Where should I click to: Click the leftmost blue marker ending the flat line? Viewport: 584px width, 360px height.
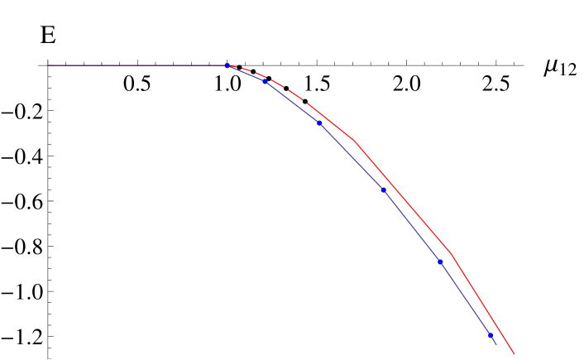(x=227, y=65)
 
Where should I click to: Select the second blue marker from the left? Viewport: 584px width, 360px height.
(x=266, y=81)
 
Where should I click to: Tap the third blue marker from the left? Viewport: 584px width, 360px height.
(x=320, y=123)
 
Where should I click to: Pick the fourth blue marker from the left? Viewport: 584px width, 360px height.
(x=384, y=190)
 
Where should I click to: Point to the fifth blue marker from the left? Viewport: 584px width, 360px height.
(x=441, y=262)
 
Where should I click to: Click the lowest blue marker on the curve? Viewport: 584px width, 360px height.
(x=491, y=335)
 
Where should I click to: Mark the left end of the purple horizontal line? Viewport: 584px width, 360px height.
(x=49, y=65)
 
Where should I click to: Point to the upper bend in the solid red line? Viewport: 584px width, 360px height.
(x=356, y=142)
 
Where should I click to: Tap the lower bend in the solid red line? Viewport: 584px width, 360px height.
(x=452, y=253)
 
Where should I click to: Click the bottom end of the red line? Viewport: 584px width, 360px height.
(x=515, y=354)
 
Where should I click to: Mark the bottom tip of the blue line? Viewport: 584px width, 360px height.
(x=496, y=344)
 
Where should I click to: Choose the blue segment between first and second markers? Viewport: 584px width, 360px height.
(x=247, y=73)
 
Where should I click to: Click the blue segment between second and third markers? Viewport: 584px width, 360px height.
(x=293, y=102)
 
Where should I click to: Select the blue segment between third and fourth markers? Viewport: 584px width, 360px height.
(x=352, y=156)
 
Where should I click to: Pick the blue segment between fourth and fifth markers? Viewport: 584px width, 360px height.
(x=412, y=226)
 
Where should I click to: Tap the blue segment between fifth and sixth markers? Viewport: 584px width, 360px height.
(x=466, y=299)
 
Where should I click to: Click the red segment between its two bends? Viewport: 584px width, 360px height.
(x=404, y=198)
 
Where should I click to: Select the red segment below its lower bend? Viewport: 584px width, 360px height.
(x=483, y=304)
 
